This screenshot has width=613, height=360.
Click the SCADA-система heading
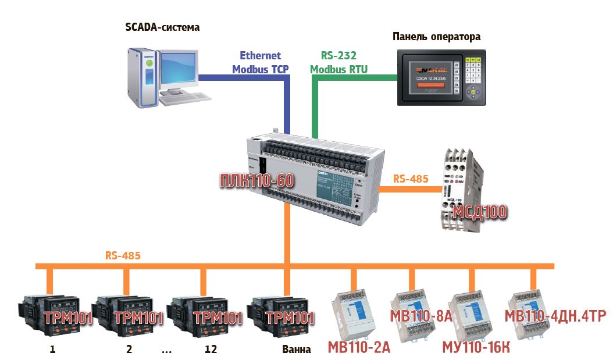pos(162,27)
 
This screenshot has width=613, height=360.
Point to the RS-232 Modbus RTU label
pos(338,62)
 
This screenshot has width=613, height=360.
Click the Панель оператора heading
pos(436,37)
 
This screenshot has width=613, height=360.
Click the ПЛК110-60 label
pos(256,181)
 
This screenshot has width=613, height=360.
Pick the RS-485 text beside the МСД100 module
pos(411,179)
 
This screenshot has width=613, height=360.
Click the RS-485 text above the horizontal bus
pos(123,255)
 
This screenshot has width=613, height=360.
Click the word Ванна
pos(297,350)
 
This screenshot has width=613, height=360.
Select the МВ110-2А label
pos(359,348)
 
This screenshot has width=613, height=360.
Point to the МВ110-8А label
pos(421,316)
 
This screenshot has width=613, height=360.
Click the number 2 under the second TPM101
pos(129,350)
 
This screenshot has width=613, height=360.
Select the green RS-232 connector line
pos(315,105)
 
